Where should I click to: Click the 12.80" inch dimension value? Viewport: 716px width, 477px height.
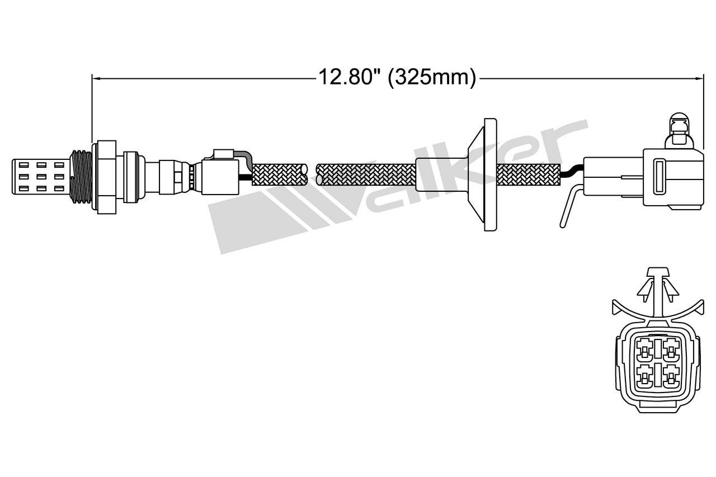346,77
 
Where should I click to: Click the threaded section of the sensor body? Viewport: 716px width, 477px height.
81,177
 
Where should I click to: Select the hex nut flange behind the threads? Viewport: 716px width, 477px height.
106,177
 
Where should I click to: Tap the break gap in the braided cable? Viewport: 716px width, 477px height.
312,174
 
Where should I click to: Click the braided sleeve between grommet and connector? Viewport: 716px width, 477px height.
529,174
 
